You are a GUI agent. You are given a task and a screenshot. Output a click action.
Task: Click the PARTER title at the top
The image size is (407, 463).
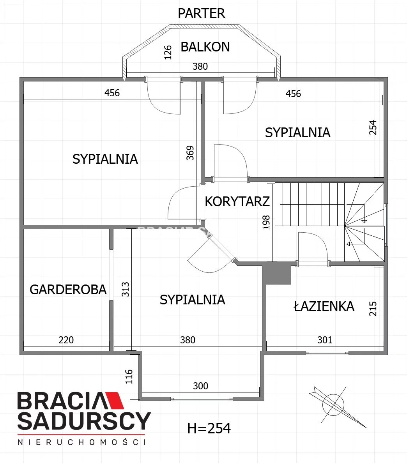click(202, 13)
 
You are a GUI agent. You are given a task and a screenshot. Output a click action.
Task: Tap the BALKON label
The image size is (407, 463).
click(205, 47)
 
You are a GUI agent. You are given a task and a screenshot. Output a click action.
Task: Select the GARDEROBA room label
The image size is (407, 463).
click(68, 290)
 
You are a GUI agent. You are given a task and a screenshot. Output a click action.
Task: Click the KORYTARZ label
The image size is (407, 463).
click(237, 201)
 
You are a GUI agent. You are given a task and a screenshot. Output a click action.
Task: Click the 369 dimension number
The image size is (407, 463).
click(190, 153)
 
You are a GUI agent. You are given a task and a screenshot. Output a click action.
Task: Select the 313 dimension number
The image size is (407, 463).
click(125, 289)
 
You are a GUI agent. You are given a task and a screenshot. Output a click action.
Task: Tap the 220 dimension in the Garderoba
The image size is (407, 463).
click(66, 340)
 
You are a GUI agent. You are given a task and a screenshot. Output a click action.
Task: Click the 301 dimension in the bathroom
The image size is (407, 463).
click(325, 340)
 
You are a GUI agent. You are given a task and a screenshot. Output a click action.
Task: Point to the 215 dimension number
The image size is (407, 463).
click(373, 309)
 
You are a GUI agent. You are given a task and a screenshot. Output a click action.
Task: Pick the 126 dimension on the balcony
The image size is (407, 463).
click(168, 52)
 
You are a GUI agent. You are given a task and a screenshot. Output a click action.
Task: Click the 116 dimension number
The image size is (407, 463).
click(129, 376)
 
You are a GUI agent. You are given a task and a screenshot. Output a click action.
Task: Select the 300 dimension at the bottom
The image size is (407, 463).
click(200, 386)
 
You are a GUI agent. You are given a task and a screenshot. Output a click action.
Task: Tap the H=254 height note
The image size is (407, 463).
click(209, 428)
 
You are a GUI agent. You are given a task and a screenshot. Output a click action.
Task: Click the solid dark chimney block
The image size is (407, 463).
click(277, 274)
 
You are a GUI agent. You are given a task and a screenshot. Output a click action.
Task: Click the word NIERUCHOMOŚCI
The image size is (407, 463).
click(82, 442)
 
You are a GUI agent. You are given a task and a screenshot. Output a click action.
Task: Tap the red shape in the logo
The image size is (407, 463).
click(114, 400)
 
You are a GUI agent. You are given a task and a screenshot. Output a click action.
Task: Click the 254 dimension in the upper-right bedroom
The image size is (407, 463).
click(373, 127)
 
